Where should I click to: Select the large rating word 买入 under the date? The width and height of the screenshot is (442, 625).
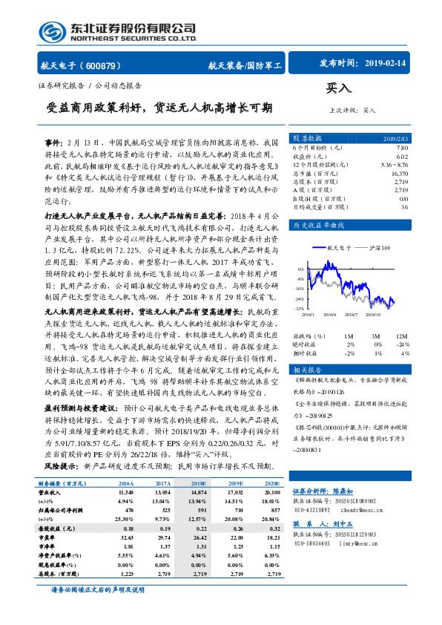pyautogui.click(x=338, y=88)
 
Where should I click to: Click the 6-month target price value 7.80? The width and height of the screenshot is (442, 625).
pyautogui.click(x=423, y=147)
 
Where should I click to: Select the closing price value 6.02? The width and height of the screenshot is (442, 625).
pyautogui.click(x=423, y=156)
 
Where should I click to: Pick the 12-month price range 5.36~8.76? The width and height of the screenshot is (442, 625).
pyautogui.click(x=414, y=164)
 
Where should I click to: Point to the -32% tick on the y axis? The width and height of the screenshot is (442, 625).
pyautogui.click(x=297, y=308)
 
